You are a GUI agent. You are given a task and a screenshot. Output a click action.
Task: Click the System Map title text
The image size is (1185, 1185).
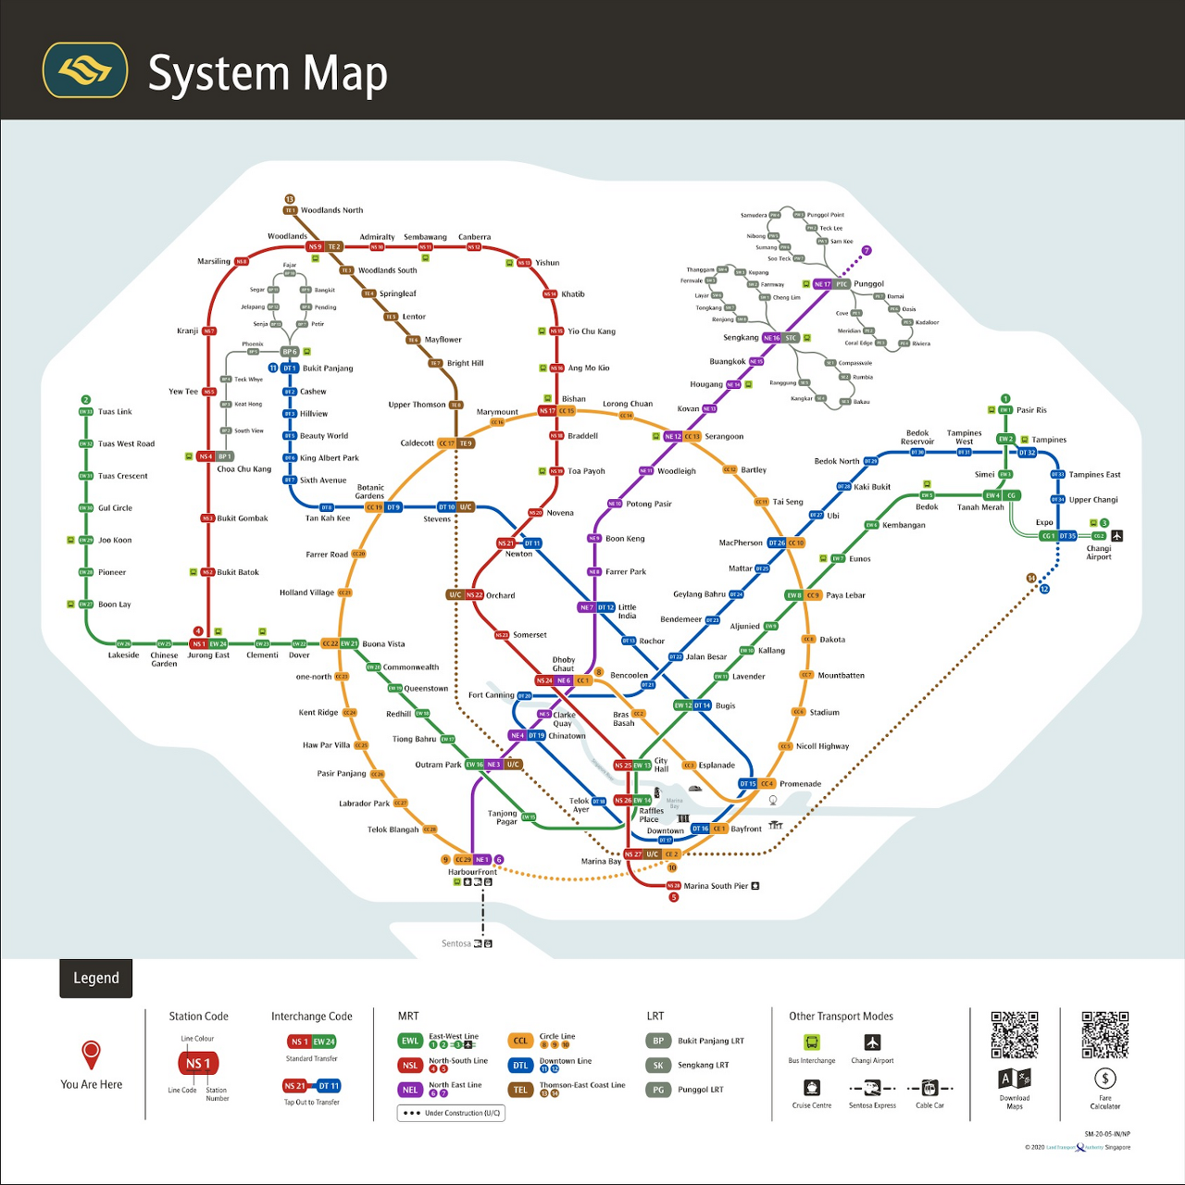(267, 74)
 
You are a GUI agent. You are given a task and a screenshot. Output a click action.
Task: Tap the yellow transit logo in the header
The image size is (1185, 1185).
(85, 70)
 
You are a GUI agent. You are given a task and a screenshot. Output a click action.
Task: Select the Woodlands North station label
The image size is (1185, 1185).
(331, 210)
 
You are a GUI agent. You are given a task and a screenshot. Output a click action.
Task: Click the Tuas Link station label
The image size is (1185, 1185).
(115, 412)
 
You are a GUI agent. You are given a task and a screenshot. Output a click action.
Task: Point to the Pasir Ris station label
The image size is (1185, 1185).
(1031, 410)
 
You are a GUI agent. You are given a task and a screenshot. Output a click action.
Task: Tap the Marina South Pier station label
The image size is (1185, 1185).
(716, 886)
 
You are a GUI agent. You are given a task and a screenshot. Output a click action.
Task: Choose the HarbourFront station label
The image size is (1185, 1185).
(472, 872)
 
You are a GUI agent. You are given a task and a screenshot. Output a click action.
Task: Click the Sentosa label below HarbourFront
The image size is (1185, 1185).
(456, 943)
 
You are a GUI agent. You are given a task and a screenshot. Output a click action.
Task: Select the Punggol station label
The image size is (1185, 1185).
(868, 284)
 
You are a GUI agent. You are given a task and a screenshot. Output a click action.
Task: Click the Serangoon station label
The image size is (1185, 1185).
(724, 436)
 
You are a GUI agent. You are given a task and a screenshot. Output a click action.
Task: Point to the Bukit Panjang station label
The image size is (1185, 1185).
(328, 368)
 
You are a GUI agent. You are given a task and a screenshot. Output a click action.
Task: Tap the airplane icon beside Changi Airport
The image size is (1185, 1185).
(1117, 535)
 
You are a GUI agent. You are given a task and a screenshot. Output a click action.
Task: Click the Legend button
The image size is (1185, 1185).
(96, 979)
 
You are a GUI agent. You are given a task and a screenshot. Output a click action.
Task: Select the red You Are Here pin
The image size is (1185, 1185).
(91, 1054)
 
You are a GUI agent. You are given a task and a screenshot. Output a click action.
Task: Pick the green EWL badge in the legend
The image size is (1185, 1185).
(410, 1042)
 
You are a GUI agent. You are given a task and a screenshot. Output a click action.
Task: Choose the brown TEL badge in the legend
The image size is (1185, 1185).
(520, 1090)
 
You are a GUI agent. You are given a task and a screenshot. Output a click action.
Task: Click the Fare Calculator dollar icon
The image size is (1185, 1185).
(1104, 1079)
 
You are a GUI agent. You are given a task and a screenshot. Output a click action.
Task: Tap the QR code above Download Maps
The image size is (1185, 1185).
(1015, 1034)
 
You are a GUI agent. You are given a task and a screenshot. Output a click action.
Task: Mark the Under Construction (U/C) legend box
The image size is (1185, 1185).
(451, 1113)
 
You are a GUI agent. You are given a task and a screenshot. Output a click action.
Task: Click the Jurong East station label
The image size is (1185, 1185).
(208, 655)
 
